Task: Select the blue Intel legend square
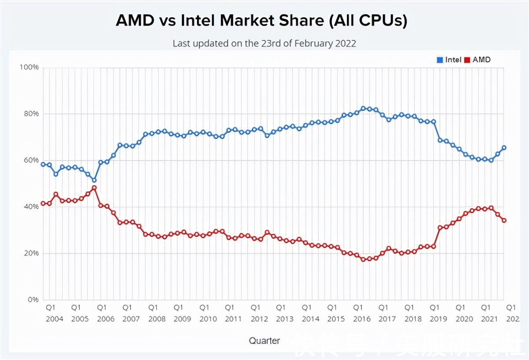440,60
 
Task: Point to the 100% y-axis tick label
29,67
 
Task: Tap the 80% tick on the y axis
31,114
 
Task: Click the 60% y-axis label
31,160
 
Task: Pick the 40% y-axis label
31,206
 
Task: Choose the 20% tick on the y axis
31,253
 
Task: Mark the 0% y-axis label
33,300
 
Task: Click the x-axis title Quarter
264,340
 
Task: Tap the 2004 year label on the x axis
55,319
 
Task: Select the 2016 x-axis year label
362,319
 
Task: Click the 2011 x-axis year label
234,319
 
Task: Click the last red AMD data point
504,220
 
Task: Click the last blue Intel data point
504,148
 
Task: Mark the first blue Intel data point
43,164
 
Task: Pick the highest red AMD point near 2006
94,187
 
